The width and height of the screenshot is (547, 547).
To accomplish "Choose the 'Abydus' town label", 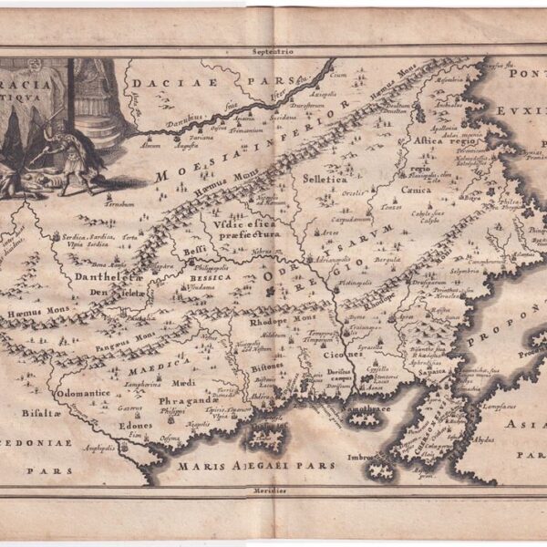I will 485,437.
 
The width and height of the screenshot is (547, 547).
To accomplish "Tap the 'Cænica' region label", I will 418,190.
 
